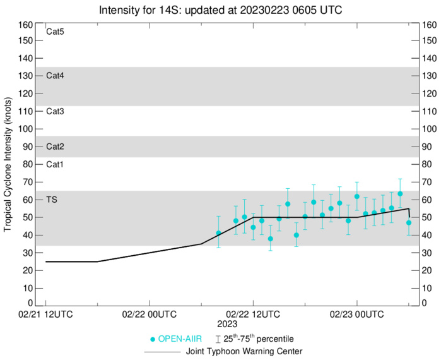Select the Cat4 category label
56,76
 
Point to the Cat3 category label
56,111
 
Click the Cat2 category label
56,147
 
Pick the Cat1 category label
56,164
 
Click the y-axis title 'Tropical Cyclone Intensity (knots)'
8,164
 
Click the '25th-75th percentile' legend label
259,339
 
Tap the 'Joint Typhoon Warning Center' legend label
243,351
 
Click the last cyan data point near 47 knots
409,222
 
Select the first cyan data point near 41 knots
219,233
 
